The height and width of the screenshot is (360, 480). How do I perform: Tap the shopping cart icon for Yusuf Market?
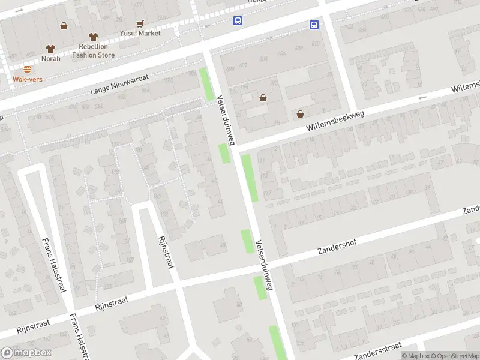tap(140, 24)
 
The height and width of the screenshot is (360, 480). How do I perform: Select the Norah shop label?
tap(50, 59)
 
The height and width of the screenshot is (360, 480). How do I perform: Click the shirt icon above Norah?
tap(50, 49)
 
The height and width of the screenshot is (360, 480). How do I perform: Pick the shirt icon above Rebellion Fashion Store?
tap(92, 37)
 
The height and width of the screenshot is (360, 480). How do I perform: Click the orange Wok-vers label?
tap(27, 79)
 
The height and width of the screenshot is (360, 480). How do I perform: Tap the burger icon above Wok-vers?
tap(27, 69)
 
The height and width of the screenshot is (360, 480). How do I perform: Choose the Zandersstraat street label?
tap(377, 349)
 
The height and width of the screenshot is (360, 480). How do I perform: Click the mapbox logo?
tap(26, 353)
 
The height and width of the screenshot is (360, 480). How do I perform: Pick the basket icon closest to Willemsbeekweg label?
tap(300, 114)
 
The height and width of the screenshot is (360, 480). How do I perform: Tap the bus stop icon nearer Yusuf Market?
tap(238, 21)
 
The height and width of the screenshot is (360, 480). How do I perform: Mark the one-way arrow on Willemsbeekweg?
tap(422, 97)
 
